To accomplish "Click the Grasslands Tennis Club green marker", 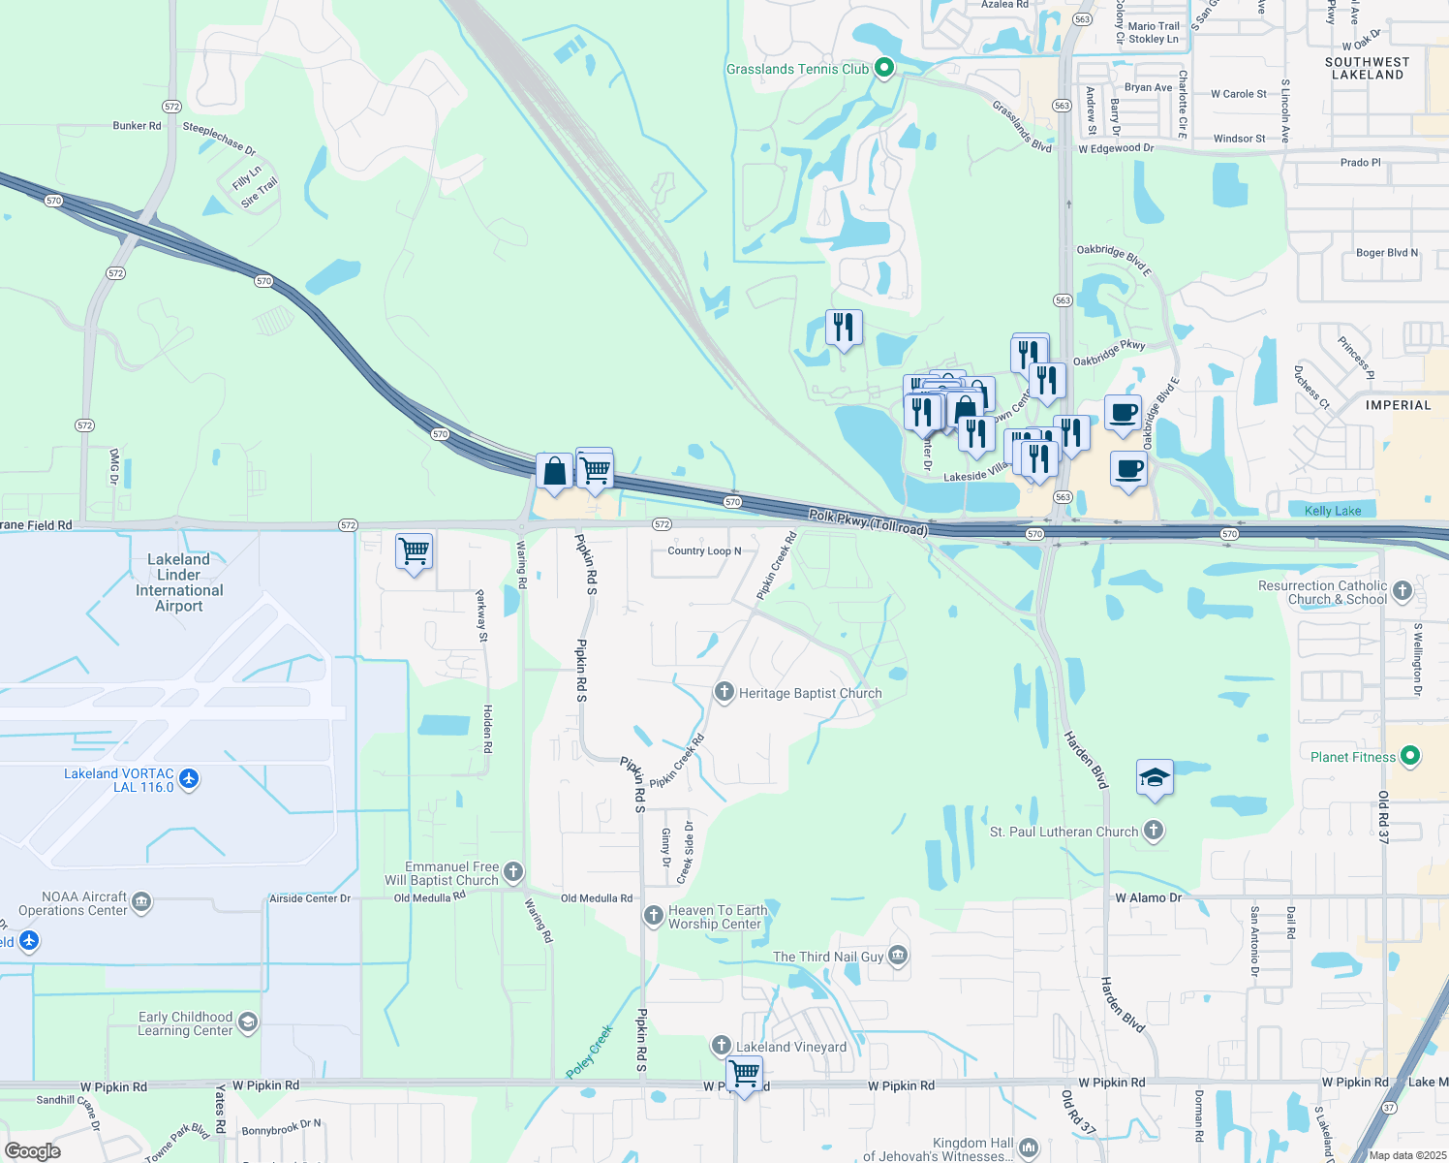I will click(883, 68).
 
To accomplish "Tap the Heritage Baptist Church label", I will click(810, 693).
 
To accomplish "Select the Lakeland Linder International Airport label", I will click(179, 582).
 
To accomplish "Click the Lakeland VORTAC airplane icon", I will click(189, 779).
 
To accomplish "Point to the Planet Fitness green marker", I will click(1410, 756).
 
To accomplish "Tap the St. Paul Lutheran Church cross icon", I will click(1153, 831).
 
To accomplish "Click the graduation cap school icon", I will click(1154, 778).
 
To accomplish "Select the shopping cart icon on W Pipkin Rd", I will click(744, 1074).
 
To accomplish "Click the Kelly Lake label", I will click(1333, 511).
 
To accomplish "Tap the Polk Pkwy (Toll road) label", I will click(868, 521).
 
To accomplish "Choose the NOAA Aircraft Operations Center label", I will click(85, 903).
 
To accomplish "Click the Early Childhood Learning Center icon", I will click(248, 1022).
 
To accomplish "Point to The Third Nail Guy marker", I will click(898, 957).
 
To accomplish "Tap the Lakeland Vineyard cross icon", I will click(722, 1046).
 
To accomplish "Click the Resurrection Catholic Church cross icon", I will click(1402, 590).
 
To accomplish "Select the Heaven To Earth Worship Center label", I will click(718, 917).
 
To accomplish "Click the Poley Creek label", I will click(590, 1052).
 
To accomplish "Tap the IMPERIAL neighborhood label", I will click(1398, 405).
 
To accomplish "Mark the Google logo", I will click(33, 1151).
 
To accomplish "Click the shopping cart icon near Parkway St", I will click(415, 551).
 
